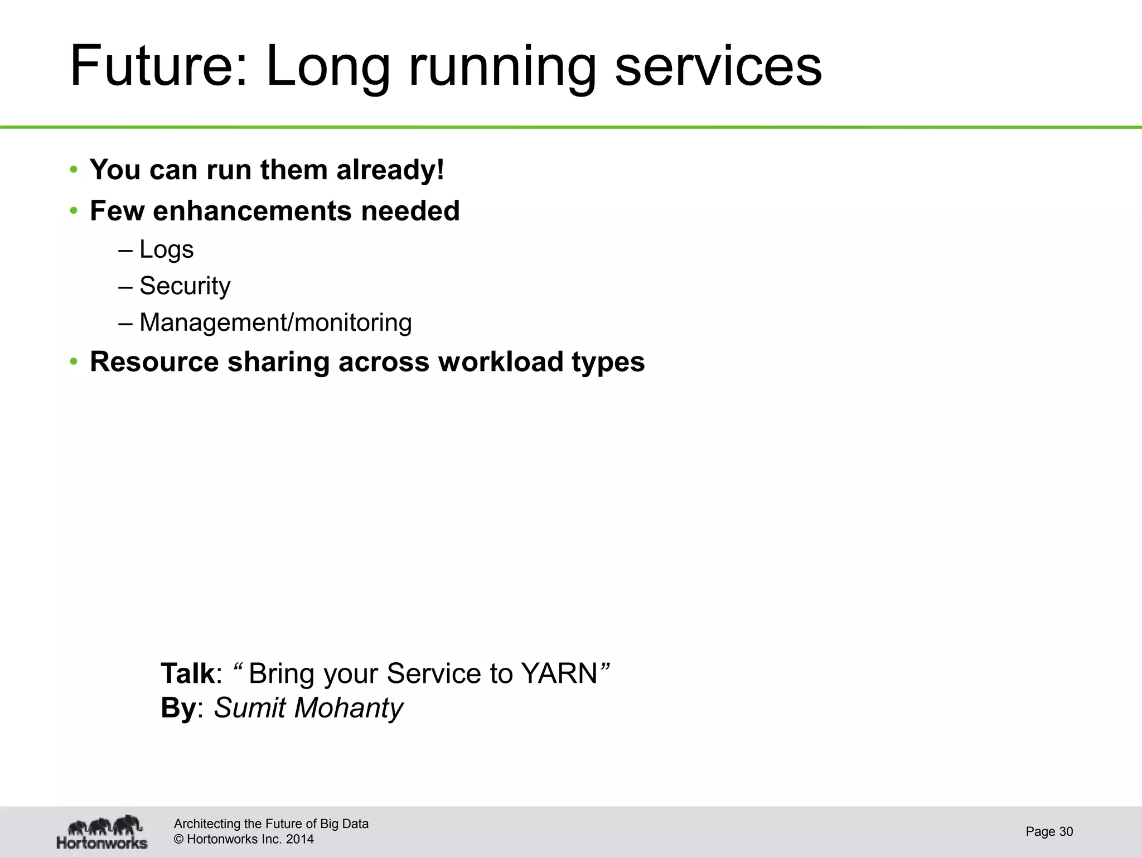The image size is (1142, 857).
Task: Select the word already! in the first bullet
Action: tap(390, 170)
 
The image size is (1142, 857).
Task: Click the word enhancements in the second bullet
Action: tap(251, 211)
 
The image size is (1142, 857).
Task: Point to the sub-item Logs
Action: tap(166, 249)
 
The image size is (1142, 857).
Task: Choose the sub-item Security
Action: tap(185, 286)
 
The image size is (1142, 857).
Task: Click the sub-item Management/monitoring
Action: tap(275, 322)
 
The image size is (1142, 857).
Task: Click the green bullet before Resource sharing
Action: tap(74, 362)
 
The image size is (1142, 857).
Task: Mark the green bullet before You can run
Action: tap(74, 170)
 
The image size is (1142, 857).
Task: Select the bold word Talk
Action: tap(187, 673)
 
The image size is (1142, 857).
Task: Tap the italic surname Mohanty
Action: tap(348, 708)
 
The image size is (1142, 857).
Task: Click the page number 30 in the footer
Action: tap(1066, 832)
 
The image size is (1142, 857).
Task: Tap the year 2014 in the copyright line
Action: tap(299, 839)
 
